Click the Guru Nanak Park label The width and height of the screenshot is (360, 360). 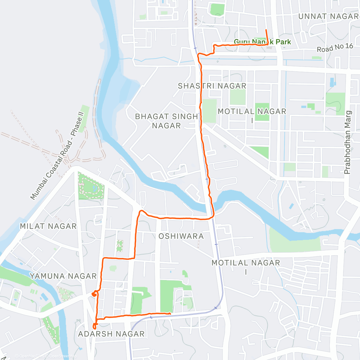[x=262, y=42]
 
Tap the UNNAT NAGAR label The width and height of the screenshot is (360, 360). [x=328, y=16]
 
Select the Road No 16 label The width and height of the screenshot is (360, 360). [x=335, y=48]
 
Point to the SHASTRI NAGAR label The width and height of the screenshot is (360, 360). [x=212, y=86]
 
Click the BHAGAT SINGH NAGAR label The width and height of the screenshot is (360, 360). [x=166, y=121]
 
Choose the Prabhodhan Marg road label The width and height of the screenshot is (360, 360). [x=347, y=142]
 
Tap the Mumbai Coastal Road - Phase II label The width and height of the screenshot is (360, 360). [x=57, y=156]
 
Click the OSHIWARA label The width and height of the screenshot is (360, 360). [x=181, y=236]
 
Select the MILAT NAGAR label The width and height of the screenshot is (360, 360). [x=48, y=226]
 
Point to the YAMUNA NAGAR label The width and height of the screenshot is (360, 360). [x=63, y=276]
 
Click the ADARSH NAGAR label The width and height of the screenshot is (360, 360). [x=111, y=334]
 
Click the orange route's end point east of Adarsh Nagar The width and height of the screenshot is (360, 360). [x=170, y=313]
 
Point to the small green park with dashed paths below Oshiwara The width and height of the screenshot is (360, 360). [x=120, y=246]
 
